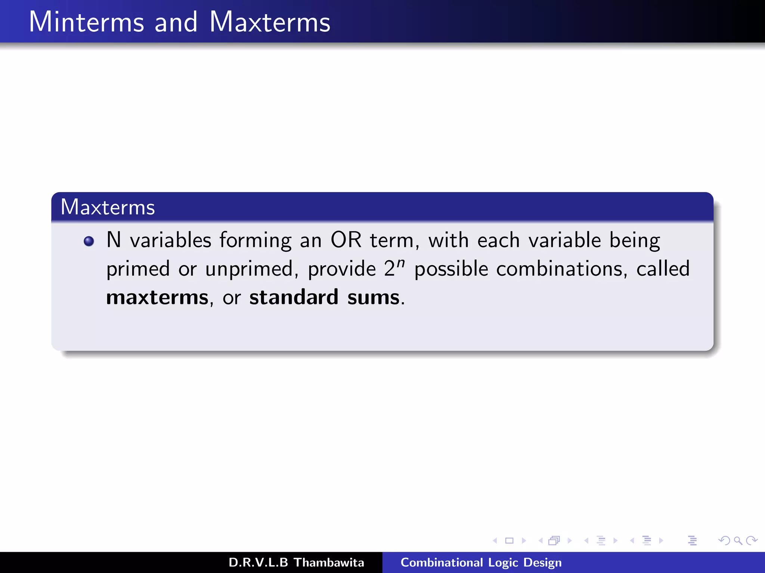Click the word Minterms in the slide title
point(86,22)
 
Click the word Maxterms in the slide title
point(270,22)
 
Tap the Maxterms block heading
point(108,207)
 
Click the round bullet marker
point(89,241)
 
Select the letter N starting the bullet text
point(114,240)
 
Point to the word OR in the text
point(346,240)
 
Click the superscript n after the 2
point(400,263)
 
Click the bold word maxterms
point(157,298)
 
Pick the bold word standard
point(294,297)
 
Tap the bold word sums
point(374,298)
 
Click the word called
point(663,269)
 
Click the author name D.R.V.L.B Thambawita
point(296,563)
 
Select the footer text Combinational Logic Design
point(481,563)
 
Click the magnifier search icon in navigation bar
point(738,541)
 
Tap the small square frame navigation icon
point(509,541)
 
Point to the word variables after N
point(170,240)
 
